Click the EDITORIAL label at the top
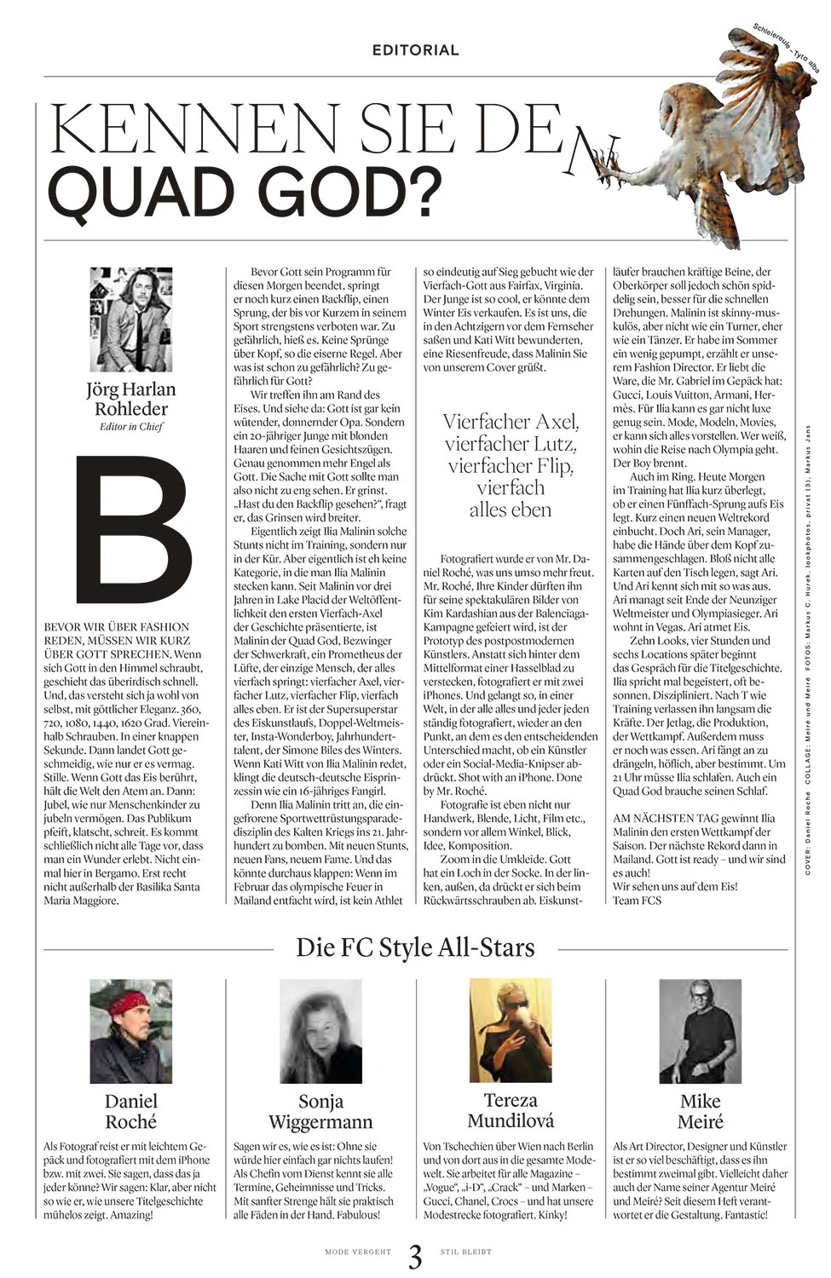coord(415,50)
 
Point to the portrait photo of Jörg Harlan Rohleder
coord(130,319)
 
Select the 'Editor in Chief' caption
coord(130,427)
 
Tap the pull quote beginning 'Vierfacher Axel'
coord(511,465)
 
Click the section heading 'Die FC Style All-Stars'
coord(415,947)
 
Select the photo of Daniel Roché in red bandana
coord(130,1031)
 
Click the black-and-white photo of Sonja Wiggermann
coord(320,1031)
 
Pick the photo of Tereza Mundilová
coord(511,1031)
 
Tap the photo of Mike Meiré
coord(700,1031)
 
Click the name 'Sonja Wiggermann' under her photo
coord(320,1111)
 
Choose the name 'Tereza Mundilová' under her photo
coord(511,1109)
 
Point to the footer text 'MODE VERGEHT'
coord(358,1252)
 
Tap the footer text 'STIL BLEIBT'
coord(466,1252)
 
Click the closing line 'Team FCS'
coord(637,900)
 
